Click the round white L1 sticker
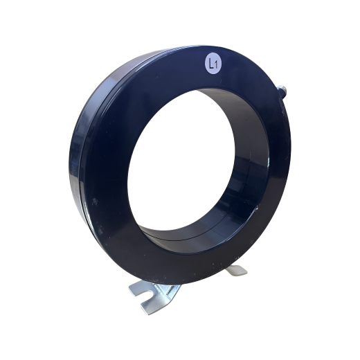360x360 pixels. (x=213, y=64)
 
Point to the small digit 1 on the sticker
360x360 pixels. (x=216, y=65)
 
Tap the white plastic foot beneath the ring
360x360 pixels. (x=236, y=269)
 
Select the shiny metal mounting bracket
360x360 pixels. (x=154, y=296)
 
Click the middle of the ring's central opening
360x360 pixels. (x=182, y=159)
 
